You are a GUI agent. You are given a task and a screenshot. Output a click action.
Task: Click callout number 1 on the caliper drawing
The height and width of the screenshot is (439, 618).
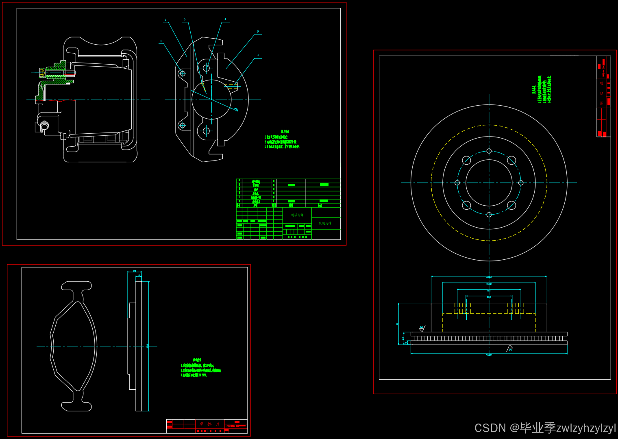tap(161, 41)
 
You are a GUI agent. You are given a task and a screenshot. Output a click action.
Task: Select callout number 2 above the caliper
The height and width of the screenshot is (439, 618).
tap(165, 20)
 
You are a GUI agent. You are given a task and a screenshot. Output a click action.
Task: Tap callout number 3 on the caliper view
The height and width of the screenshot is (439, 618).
tap(185, 20)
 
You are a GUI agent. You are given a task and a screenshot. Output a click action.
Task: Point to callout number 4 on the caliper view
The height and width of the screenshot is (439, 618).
tap(225, 19)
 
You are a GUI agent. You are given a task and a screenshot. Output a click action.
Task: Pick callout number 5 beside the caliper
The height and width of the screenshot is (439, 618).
tap(258, 31)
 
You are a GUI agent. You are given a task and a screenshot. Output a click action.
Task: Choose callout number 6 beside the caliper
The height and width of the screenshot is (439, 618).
tap(258, 55)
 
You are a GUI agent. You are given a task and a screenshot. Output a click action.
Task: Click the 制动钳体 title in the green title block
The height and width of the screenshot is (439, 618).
tap(297, 215)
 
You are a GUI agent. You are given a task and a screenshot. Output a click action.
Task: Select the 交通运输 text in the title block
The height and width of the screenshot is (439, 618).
tap(325, 223)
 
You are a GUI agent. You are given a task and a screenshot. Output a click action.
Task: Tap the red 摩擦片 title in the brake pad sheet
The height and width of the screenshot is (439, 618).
tap(209, 424)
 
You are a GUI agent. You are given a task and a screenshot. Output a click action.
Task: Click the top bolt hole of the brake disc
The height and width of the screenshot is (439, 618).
tap(489, 151)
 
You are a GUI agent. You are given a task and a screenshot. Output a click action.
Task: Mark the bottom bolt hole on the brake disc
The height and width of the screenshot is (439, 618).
tap(489, 215)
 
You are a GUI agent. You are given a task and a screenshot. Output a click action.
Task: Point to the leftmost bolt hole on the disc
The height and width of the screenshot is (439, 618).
tap(457, 183)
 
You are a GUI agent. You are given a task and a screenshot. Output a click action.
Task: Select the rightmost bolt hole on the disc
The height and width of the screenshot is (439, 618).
tap(521, 183)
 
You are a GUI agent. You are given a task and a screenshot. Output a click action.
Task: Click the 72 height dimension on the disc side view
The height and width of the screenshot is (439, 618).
tap(397, 324)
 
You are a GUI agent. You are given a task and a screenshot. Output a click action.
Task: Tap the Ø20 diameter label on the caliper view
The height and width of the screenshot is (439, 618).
tap(236, 109)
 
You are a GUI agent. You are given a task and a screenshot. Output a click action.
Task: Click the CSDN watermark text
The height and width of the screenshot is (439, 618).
tap(545, 428)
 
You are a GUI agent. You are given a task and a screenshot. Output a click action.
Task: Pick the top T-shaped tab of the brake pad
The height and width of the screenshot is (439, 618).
tap(76, 286)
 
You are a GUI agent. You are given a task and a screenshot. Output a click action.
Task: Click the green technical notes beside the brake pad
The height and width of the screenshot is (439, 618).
tap(200, 368)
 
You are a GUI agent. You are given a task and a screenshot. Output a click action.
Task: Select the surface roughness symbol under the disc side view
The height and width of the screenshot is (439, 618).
tap(509, 348)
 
